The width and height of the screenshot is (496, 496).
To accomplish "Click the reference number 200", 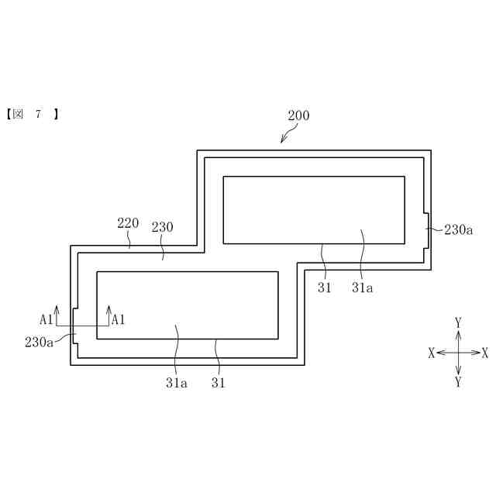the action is click(x=298, y=115).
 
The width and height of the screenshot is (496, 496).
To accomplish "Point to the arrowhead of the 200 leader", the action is click(x=282, y=143).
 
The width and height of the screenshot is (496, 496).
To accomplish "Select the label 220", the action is click(x=128, y=223).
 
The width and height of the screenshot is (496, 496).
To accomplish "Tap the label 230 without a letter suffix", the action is click(x=162, y=227).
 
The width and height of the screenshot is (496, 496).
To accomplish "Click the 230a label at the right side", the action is click(x=458, y=229).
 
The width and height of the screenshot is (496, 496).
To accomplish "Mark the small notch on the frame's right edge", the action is click(x=426, y=229).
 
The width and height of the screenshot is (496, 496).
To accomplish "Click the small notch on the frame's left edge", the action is click(x=74, y=326).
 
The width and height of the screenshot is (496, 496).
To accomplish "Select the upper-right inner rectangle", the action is click(x=313, y=209).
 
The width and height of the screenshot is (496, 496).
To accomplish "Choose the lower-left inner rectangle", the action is click(x=187, y=305).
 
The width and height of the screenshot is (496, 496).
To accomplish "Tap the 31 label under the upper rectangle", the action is click(x=324, y=288).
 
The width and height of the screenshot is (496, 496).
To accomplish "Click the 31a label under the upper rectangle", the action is click(x=362, y=288).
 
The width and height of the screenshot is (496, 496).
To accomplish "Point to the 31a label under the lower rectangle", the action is click(x=176, y=382).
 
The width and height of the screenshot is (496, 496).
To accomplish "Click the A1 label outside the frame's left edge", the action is click(x=46, y=319).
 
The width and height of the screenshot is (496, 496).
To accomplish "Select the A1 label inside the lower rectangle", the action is click(x=119, y=319).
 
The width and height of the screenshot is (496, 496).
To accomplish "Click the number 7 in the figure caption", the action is click(x=37, y=115).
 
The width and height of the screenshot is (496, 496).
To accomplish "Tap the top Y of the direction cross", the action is click(x=458, y=322).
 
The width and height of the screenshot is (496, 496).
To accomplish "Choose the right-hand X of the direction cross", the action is click(x=485, y=353).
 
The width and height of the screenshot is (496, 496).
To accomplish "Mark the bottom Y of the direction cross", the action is click(x=458, y=382).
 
